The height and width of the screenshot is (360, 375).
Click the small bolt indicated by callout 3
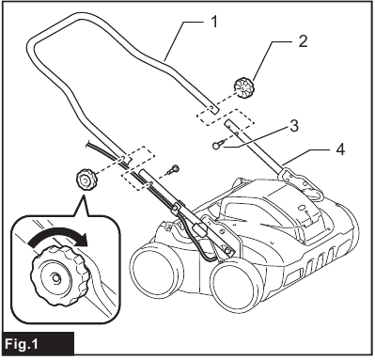(220, 144)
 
